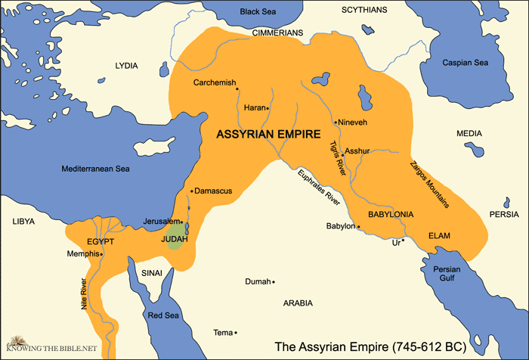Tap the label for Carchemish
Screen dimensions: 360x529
point(215,82)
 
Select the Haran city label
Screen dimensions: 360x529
point(254,107)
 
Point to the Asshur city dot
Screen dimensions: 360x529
point(342,154)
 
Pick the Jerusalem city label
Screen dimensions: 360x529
point(160,221)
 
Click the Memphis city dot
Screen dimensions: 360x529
point(101,254)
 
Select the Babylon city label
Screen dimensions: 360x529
point(339,225)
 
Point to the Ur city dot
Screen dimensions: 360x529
point(403,240)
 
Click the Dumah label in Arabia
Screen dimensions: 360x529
point(257,281)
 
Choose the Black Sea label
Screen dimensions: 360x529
point(259,12)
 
